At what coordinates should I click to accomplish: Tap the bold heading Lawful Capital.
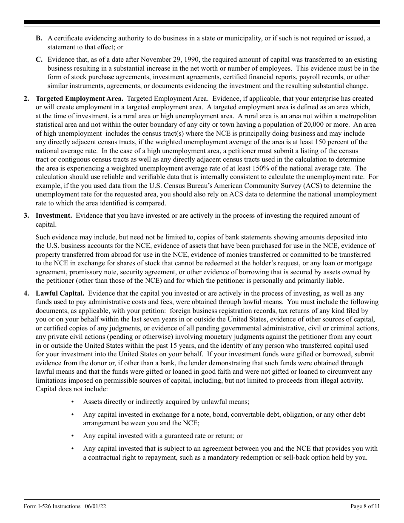point(60,293)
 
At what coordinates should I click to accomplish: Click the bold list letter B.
point(39,38)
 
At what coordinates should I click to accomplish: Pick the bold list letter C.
point(39,60)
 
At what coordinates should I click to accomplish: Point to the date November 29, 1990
point(165,60)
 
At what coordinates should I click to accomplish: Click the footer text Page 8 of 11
point(364,506)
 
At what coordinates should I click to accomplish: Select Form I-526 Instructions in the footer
point(52,506)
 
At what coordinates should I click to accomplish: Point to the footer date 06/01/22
point(95,506)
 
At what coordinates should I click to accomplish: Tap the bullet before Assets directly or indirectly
point(73,402)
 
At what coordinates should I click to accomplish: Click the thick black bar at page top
point(202,22)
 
